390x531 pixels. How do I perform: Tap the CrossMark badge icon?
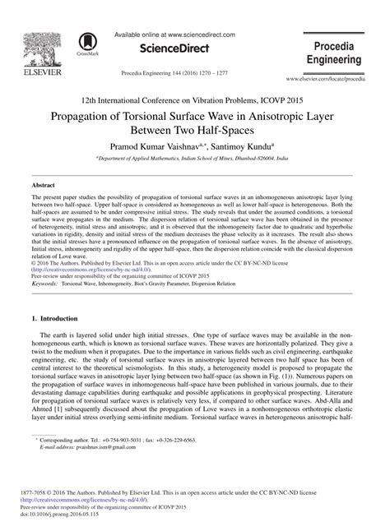coord(84,46)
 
